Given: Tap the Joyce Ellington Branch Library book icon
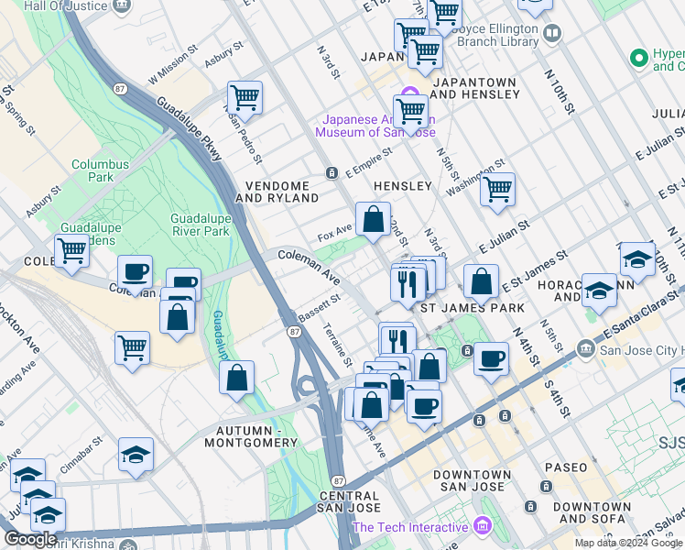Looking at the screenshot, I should click(x=552, y=34).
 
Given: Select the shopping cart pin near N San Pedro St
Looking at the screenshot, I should click(x=245, y=97).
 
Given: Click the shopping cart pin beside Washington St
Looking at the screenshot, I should click(x=497, y=189).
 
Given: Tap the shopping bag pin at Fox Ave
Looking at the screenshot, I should click(x=373, y=220).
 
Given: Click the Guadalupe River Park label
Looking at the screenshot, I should click(x=200, y=225).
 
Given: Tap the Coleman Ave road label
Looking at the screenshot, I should click(x=309, y=264).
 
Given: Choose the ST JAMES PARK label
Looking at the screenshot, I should click(x=473, y=309).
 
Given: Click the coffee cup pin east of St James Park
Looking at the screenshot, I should click(x=492, y=358).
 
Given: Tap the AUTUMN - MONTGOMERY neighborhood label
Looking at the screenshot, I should click(x=256, y=436).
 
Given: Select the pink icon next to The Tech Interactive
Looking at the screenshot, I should click(x=482, y=527).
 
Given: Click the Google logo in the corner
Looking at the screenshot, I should click(x=30, y=539).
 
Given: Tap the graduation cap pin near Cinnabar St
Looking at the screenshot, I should click(x=136, y=456).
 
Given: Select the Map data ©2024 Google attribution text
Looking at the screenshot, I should click(x=628, y=543).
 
